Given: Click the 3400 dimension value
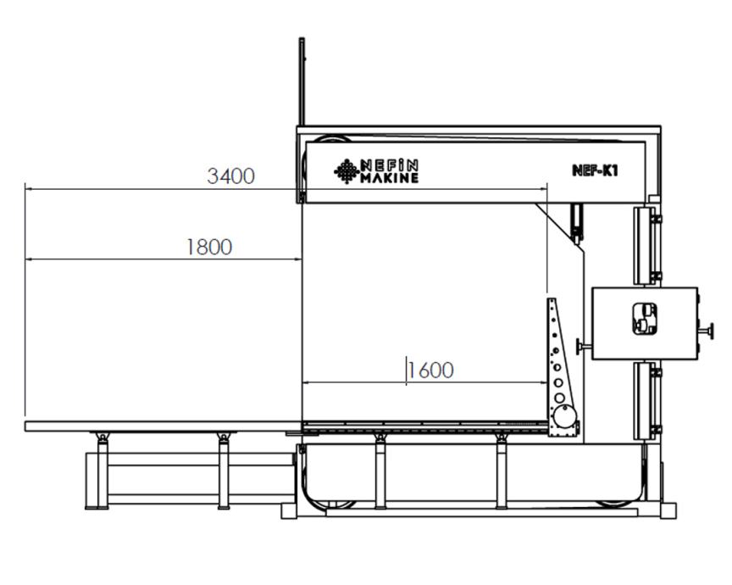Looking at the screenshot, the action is coord(230,176).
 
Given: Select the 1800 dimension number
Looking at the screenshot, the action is coord(209,247).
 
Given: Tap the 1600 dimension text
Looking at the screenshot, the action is coord(431,370).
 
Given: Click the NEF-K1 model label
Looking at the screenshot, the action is coord(595,170).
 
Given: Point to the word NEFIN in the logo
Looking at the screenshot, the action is coord(390,165).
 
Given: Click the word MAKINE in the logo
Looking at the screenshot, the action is coord(390,178).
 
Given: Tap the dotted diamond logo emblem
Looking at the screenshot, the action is coord(347,171).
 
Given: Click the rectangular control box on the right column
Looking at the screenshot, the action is coord(645,323).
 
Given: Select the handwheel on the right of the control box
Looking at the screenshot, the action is coord(707,331).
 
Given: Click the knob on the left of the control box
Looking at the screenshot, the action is coord(583,346).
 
